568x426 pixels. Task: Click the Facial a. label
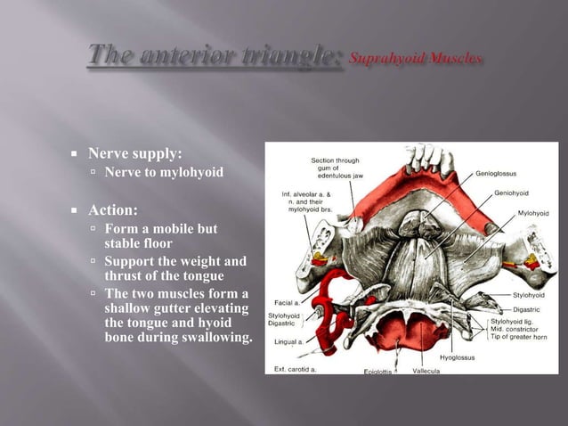284,303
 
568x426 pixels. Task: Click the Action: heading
112,210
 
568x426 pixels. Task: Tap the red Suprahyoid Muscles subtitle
416,59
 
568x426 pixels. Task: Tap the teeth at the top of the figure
426,159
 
